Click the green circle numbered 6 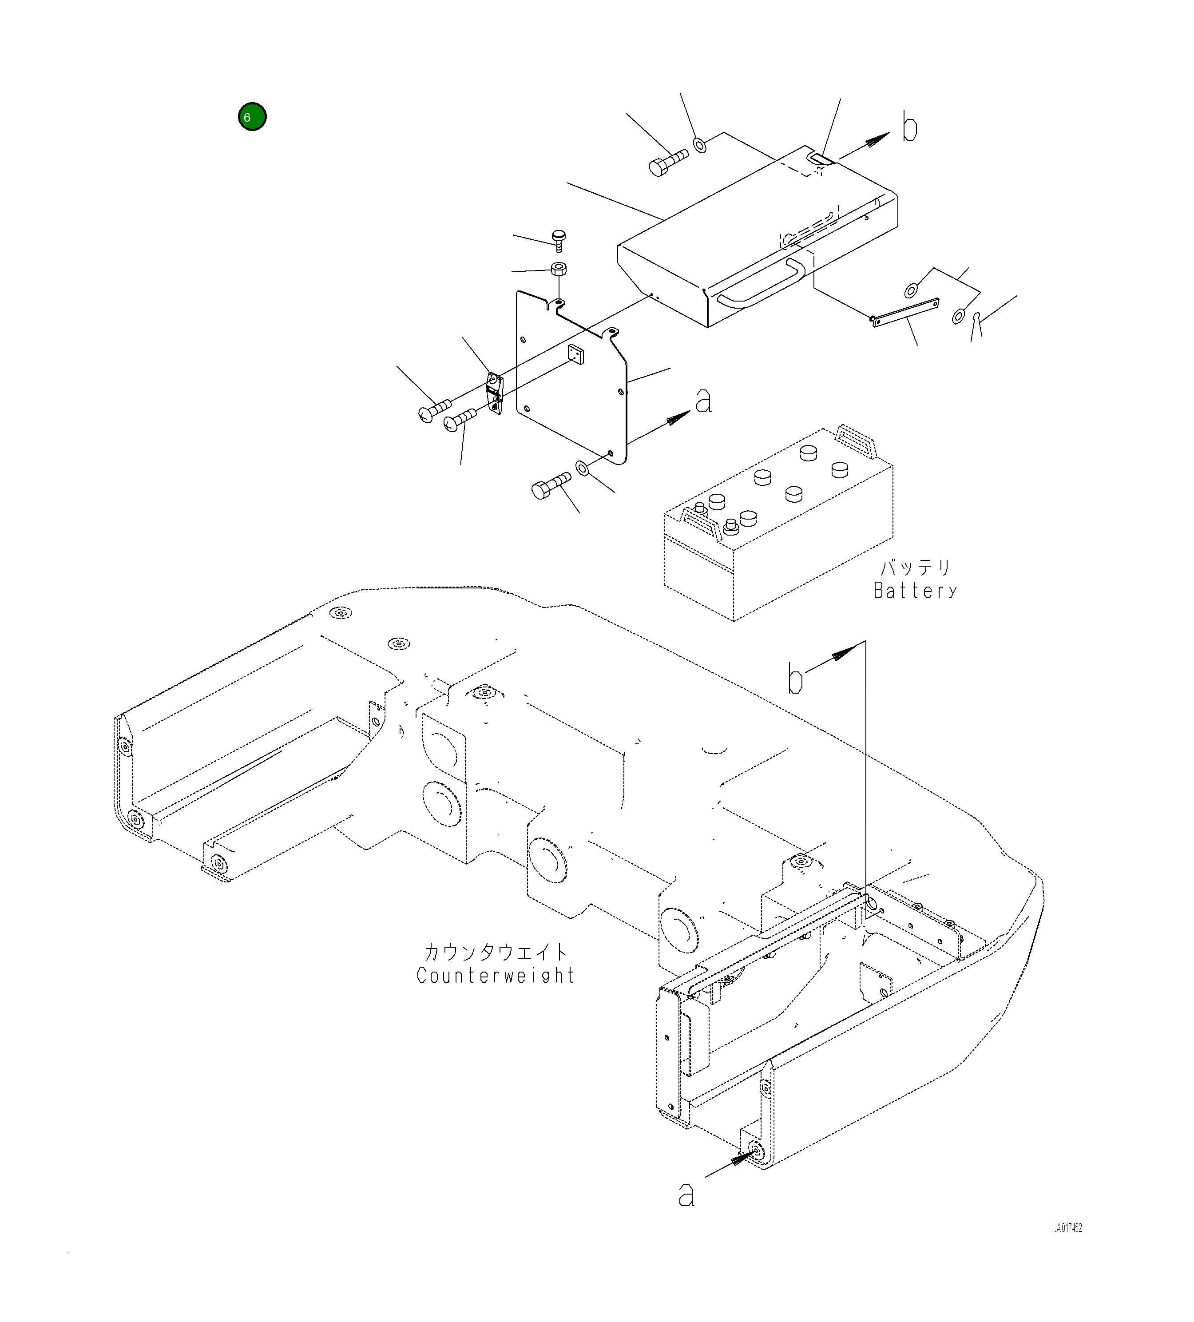click(x=252, y=117)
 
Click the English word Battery click(x=915, y=591)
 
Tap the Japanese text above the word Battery click(x=915, y=567)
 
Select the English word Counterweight click(x=495, y=976)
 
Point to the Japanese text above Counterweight click(x=495, y=952)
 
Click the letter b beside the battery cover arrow click(x=909, y=127)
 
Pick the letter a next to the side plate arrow click(x=703, y=400)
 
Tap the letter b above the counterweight click(x=795, y=679)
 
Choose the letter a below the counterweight click(x=686, y=1195)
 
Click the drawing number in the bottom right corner click(x=1067, y=1228)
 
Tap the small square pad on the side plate click(x=576, y=353)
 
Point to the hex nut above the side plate click(x=558, y=268)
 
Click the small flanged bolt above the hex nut click(x=559, y=240)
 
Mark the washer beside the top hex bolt click(x=700, y=144)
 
